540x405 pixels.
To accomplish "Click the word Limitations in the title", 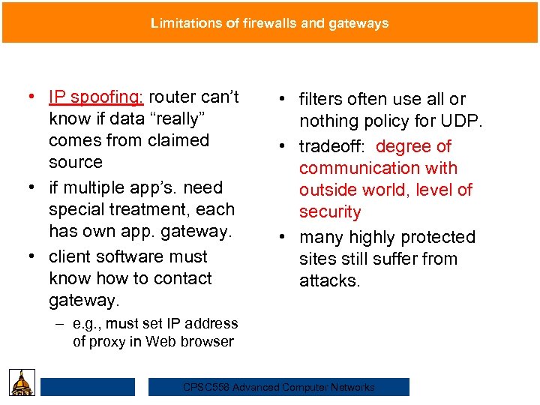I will pos(185,23).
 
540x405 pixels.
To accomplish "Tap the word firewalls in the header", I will pos(265,23).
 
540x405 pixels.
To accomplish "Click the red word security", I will pos(330,211).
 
